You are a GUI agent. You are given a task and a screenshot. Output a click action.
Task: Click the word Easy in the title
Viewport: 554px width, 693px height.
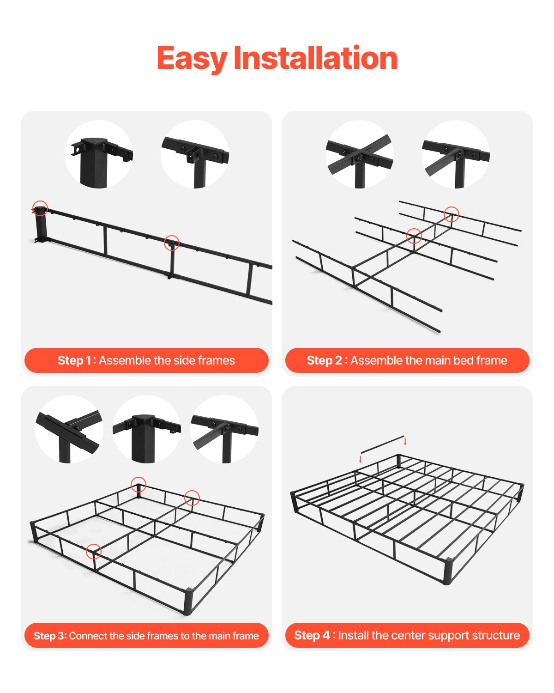click(x=192, y=59)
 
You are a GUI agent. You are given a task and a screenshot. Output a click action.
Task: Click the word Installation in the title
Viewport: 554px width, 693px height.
click(x=315, y=59)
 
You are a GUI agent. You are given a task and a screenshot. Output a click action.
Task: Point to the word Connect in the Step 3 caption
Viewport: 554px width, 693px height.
click(x=88, y=636)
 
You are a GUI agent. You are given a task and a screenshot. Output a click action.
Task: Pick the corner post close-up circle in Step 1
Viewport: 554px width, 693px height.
click(x=99, y=154)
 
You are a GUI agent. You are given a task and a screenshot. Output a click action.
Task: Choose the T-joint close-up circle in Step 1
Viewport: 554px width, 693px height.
click(x=195, y=154)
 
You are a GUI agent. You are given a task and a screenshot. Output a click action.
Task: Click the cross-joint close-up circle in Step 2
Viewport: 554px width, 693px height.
click(x=360, y=154)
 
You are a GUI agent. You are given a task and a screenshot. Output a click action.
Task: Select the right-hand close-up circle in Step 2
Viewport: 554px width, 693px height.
click(x=456, y=154)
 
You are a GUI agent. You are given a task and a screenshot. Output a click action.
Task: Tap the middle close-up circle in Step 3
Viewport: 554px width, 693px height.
click(x=146, y=429)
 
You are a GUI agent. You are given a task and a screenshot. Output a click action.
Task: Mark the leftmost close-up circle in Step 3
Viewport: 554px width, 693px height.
click(x=69, y=429)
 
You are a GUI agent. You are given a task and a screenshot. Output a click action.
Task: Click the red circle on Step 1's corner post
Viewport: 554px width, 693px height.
click(x=40, y=208)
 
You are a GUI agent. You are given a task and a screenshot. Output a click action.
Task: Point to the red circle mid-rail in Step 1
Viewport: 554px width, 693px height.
click(x=172, y=243)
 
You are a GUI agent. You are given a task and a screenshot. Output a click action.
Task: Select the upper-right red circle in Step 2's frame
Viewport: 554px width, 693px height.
click(x=452, y=214)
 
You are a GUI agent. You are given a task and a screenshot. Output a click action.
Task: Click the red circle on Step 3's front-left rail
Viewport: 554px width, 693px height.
click(x=94, y=551)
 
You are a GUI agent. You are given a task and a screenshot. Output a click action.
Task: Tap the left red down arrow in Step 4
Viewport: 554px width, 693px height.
click(x=361, y=459)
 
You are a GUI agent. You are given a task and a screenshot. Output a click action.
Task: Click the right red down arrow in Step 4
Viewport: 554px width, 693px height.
click(x=405, y=441)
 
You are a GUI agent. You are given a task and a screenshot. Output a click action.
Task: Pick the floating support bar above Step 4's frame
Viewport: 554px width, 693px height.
click(x=382, y=444)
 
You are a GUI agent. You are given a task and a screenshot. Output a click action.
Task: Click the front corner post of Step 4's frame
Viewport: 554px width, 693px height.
click(x=446, y=571)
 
